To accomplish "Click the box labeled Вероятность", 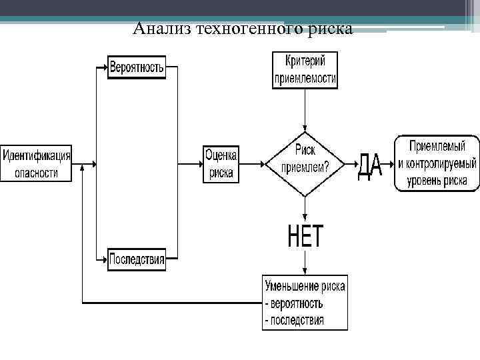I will point(137,69).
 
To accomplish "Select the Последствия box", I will point(137,259).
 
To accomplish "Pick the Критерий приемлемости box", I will point(305,71).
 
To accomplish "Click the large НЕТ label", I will point(305,236).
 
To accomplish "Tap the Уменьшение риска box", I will point(305,302).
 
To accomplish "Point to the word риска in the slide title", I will point(331,28).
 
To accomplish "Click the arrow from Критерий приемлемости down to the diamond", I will point(305,110).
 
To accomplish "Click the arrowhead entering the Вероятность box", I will point(104,68).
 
